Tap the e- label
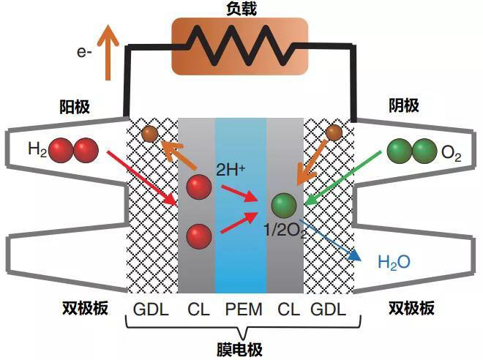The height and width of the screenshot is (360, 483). pyautogui.click(x=85, y=53)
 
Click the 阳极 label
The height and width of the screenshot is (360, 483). pyautogui.click(x=74, y=106)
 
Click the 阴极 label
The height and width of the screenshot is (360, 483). pyautogui.click(x=404, y=106)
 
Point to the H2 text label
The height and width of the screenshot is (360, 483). pyautogui.click(x=37, y=149)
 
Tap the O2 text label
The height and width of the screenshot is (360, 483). pyautogui.click(x=451, y=154)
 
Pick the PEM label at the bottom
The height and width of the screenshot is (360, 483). pyautogui.click(x=241, y=309)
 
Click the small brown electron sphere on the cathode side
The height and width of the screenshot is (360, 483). pyautogui.click(x=334, y=132)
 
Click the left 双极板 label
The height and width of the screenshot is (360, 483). pyautogui.click(x=83, y=308)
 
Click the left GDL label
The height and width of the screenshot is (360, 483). pyautogui.click(x=151, y=309)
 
